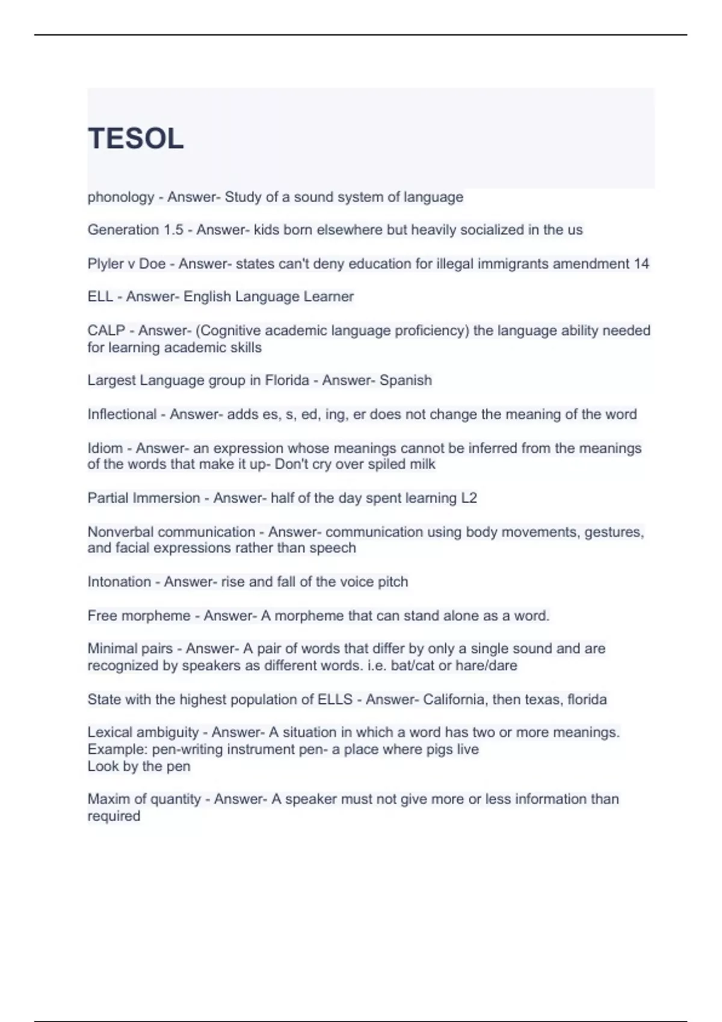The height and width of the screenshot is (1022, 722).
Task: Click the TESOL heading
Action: [135, 139]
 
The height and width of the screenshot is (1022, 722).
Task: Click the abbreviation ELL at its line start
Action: [100, 296]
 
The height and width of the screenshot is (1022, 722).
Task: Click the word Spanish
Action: [406, 381]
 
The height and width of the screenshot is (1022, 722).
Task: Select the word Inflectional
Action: [122, 414]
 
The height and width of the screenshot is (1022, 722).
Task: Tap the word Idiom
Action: [105, 448]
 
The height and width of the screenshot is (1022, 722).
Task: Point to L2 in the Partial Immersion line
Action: [469, 498]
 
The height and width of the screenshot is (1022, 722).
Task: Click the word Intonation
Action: [119, 582]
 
